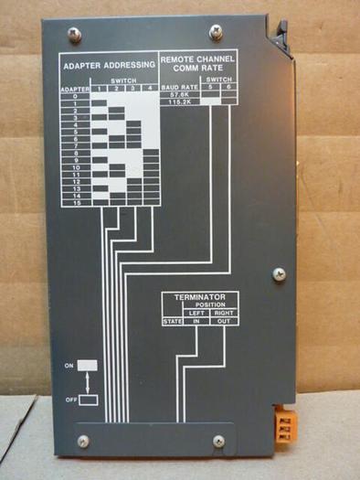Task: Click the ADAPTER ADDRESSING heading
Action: pyautogui.click(x=108, y=66)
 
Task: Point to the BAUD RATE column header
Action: pyautogui.click(x=179, y=88)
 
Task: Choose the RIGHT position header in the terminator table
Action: pyautogui.click(x=224, y=313)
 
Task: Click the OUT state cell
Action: pyautogui.click(x=224, y=321)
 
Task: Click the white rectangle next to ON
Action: pyautogui.click(x=88, y=364)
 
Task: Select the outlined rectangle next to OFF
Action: pyautogui.click(x=88, y=398)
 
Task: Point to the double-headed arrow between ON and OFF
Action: pyautogui.click(x=88, y=380)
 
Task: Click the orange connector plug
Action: pyautogui.click(x=285, y=426)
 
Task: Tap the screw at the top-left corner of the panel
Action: pyautogui.click(x=74, y=34)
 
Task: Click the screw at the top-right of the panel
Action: pyautogui.click(x=216, y=31)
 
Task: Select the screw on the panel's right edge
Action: pyautogui.click(x=279, y=273)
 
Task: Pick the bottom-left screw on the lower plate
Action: pyautogui.click(x=83, y=441)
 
